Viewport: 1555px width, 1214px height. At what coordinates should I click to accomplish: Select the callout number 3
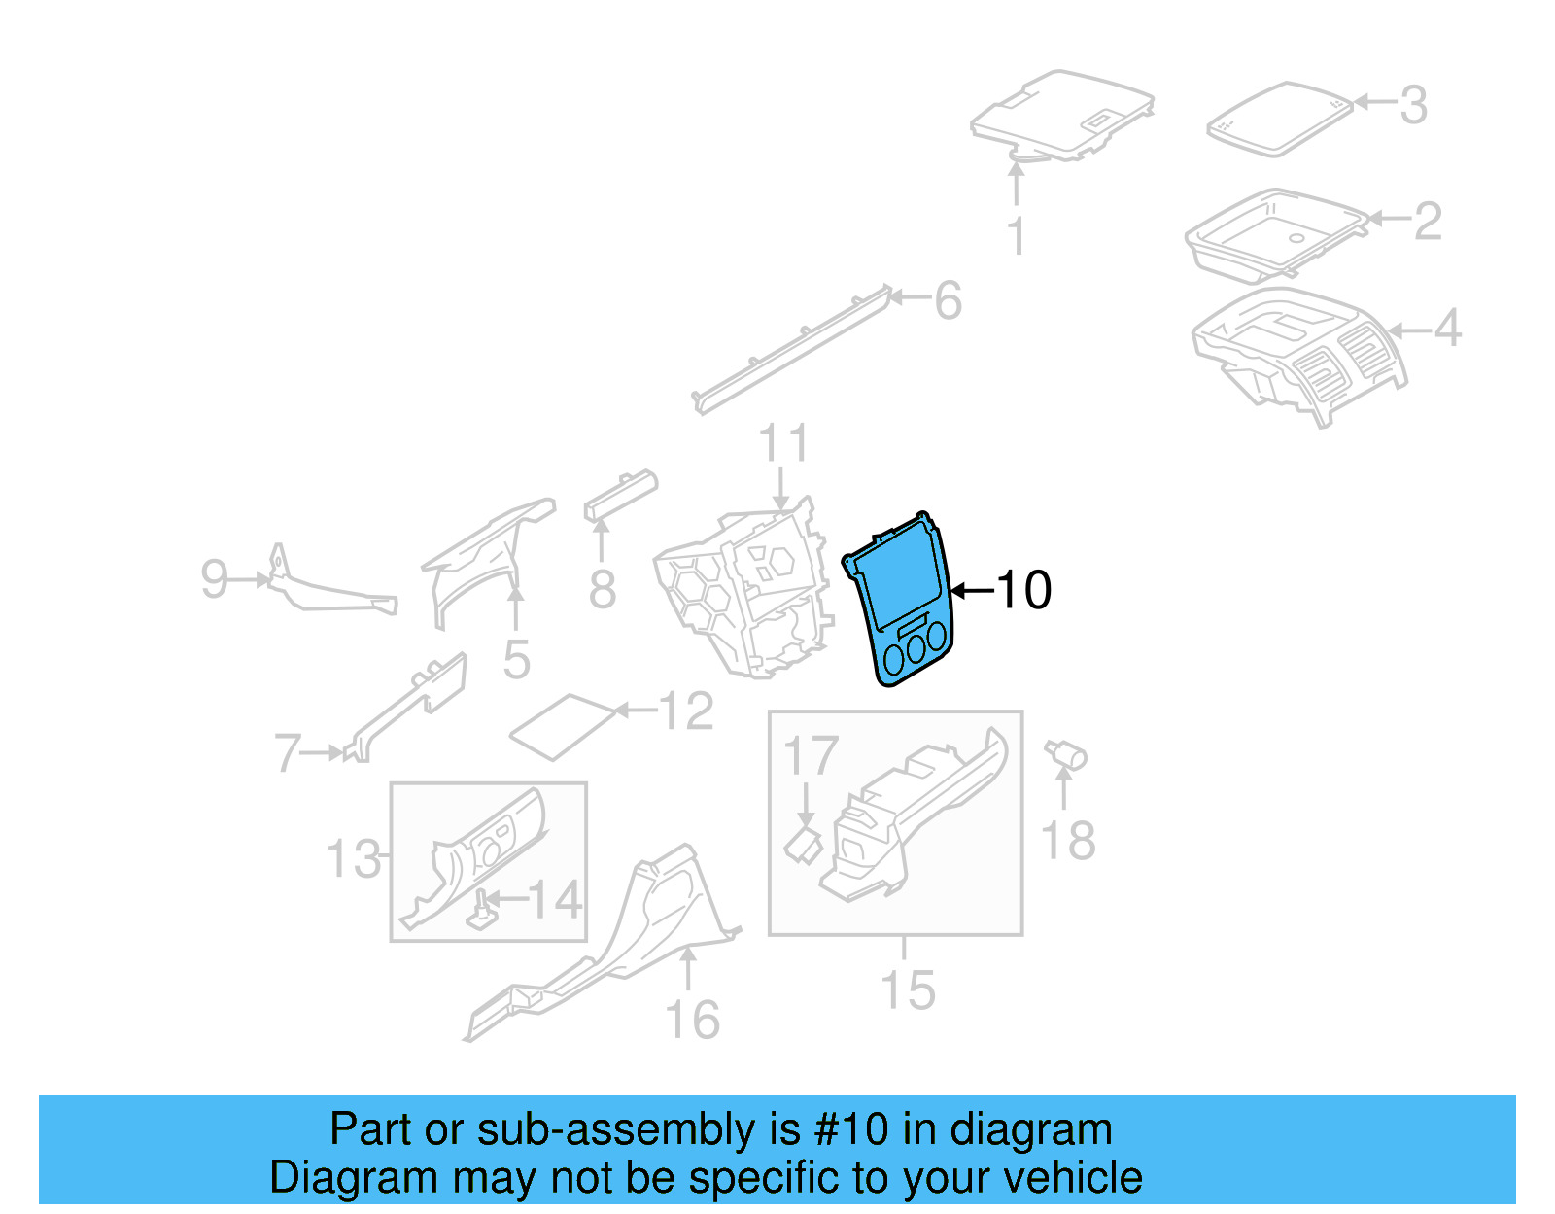point(1413,105)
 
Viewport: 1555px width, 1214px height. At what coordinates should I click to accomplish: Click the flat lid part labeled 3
point(1278,119)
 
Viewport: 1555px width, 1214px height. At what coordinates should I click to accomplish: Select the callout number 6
point(948,300)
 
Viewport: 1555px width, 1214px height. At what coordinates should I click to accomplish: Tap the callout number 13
point(353,859)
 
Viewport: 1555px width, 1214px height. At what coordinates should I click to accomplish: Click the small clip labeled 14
point(480,912)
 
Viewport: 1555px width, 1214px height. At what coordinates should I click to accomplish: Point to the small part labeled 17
point(803,844)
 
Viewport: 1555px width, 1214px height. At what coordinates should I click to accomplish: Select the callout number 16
point(692,1020)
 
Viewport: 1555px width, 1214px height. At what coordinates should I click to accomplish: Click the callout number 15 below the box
point(907,990)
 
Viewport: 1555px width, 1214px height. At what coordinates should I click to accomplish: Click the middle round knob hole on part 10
point(916,649)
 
